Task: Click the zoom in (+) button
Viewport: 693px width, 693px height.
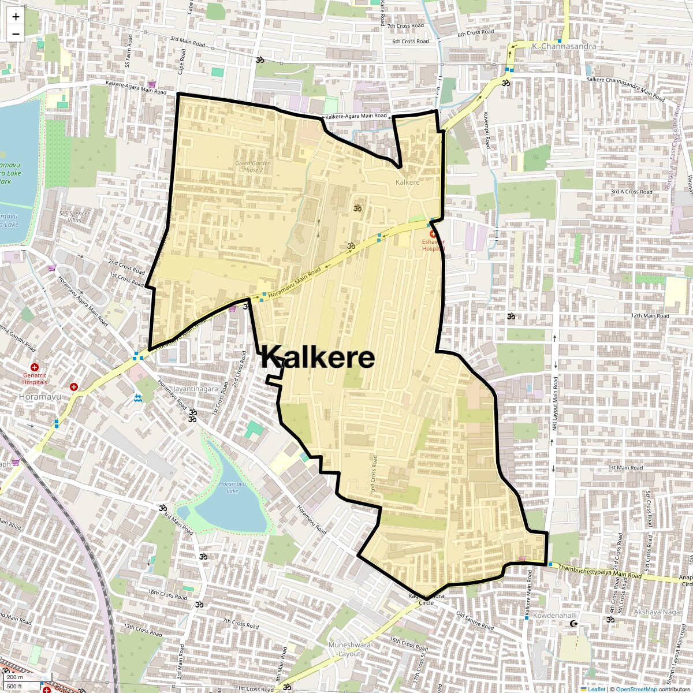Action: click(x=16, y=17)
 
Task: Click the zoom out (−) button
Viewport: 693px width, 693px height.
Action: click(x=16, y=33)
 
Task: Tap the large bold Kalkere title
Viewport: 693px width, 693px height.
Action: click(x=318, y=357)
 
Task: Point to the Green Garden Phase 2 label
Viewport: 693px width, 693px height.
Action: click(x=253, y=167)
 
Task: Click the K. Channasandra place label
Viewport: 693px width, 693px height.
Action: click(x=556, y=46)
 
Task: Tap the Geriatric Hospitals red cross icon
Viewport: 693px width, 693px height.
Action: click(x=35, y=367)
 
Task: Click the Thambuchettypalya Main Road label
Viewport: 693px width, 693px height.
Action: click(x=600, y=572)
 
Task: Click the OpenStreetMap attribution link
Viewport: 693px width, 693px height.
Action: click(x=636, y=689)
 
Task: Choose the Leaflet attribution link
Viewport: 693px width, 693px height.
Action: click(x=597, y=689)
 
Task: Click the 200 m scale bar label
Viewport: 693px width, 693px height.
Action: click(x=15, y=677)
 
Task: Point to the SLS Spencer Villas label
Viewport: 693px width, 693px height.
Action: click(x=74, y=217)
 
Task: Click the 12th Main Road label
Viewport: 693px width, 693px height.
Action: click(x=650, y=316)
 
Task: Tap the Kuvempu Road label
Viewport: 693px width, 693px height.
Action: click(x=487, y=130)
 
